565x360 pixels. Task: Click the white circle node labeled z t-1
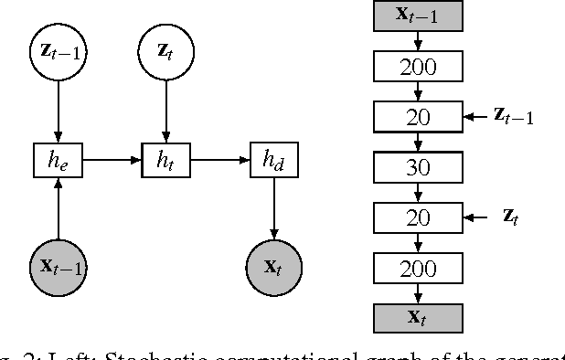tap(59, 52)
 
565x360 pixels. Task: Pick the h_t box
tap(165, 160)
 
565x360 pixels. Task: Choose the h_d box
tap(272, 160)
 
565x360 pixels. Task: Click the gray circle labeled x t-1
tap(59, 268)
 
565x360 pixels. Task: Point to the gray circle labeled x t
tap(272, 268)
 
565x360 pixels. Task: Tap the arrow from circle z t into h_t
tap(165, 110)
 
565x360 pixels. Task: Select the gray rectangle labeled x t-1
tap(419, 16)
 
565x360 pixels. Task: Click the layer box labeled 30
tap(419, 167)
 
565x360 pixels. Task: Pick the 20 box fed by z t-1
tap(419, 117)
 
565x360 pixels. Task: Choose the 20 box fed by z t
tap(419, 217)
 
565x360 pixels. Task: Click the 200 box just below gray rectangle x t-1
tap(419, 67)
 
